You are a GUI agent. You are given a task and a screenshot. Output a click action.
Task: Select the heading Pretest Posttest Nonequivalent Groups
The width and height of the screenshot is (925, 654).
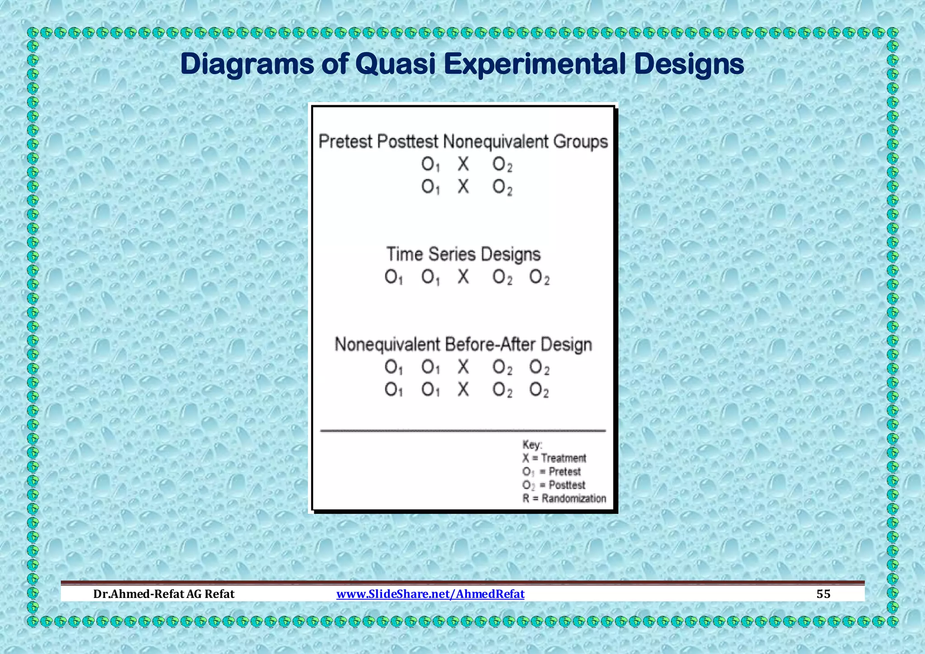tap(463, 141)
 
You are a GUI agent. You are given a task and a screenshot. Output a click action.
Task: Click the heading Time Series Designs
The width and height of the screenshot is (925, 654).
tap(463, 254)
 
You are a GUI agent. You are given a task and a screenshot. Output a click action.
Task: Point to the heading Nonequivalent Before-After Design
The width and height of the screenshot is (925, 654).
tap(463, 345)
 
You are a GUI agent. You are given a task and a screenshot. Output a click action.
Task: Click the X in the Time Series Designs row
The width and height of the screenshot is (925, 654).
tap(463, 276)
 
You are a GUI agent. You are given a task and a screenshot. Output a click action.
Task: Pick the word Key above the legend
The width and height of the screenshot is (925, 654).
tap(532, 445)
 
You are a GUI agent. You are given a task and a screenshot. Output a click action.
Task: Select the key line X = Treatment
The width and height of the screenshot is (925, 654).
tap(554, 458)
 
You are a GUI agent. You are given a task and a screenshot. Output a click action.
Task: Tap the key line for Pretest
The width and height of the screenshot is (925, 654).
tap(551, 472)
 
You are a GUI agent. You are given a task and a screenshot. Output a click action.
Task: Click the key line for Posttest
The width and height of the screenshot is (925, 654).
tap(554, 485)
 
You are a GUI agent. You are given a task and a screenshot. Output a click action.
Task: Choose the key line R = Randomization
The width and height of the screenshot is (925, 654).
tap(564, 499)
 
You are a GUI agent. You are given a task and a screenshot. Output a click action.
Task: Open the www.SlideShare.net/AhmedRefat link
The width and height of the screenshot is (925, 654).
tap(430, 593)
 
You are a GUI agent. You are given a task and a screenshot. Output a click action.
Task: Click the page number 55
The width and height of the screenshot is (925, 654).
tap(823, 593)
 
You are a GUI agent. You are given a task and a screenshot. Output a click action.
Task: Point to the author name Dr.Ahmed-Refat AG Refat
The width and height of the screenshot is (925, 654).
tap(164, 593)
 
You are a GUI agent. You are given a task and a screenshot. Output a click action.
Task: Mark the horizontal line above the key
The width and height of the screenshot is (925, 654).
tap(463, 431)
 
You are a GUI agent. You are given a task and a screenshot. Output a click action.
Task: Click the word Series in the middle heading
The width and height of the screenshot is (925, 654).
tap(452, 254)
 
